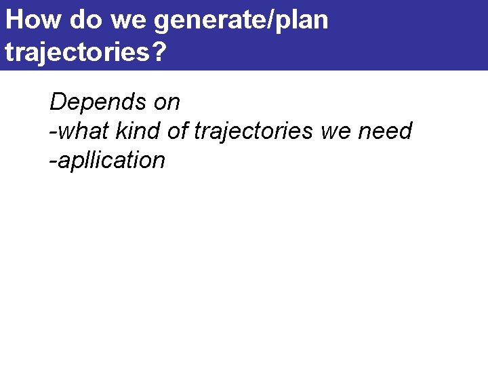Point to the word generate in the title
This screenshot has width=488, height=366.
pyautogui.click(x=209, y=21)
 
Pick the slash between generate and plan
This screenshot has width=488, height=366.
pyautogui.click(x=268, y=20)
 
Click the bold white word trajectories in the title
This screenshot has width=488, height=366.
pyautogui.click(x=77, y=52)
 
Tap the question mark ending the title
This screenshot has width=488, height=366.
pyautogui.click(x=159, y=51)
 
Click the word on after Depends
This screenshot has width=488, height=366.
pyautogui.click(x=166, y=103)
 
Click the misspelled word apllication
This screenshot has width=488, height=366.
pyautogui.click(x=110, y=161)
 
